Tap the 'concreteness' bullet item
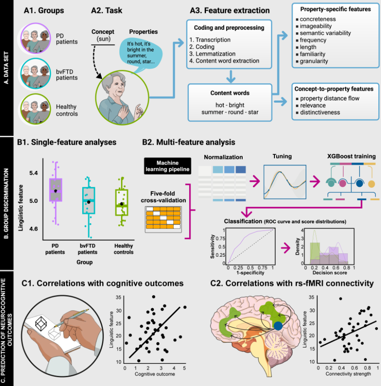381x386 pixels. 317,19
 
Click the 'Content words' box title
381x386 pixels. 229,93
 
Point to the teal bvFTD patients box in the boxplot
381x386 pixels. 89,201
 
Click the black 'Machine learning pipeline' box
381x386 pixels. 167,166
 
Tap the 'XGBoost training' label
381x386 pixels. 351,157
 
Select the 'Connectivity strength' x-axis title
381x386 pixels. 348,374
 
